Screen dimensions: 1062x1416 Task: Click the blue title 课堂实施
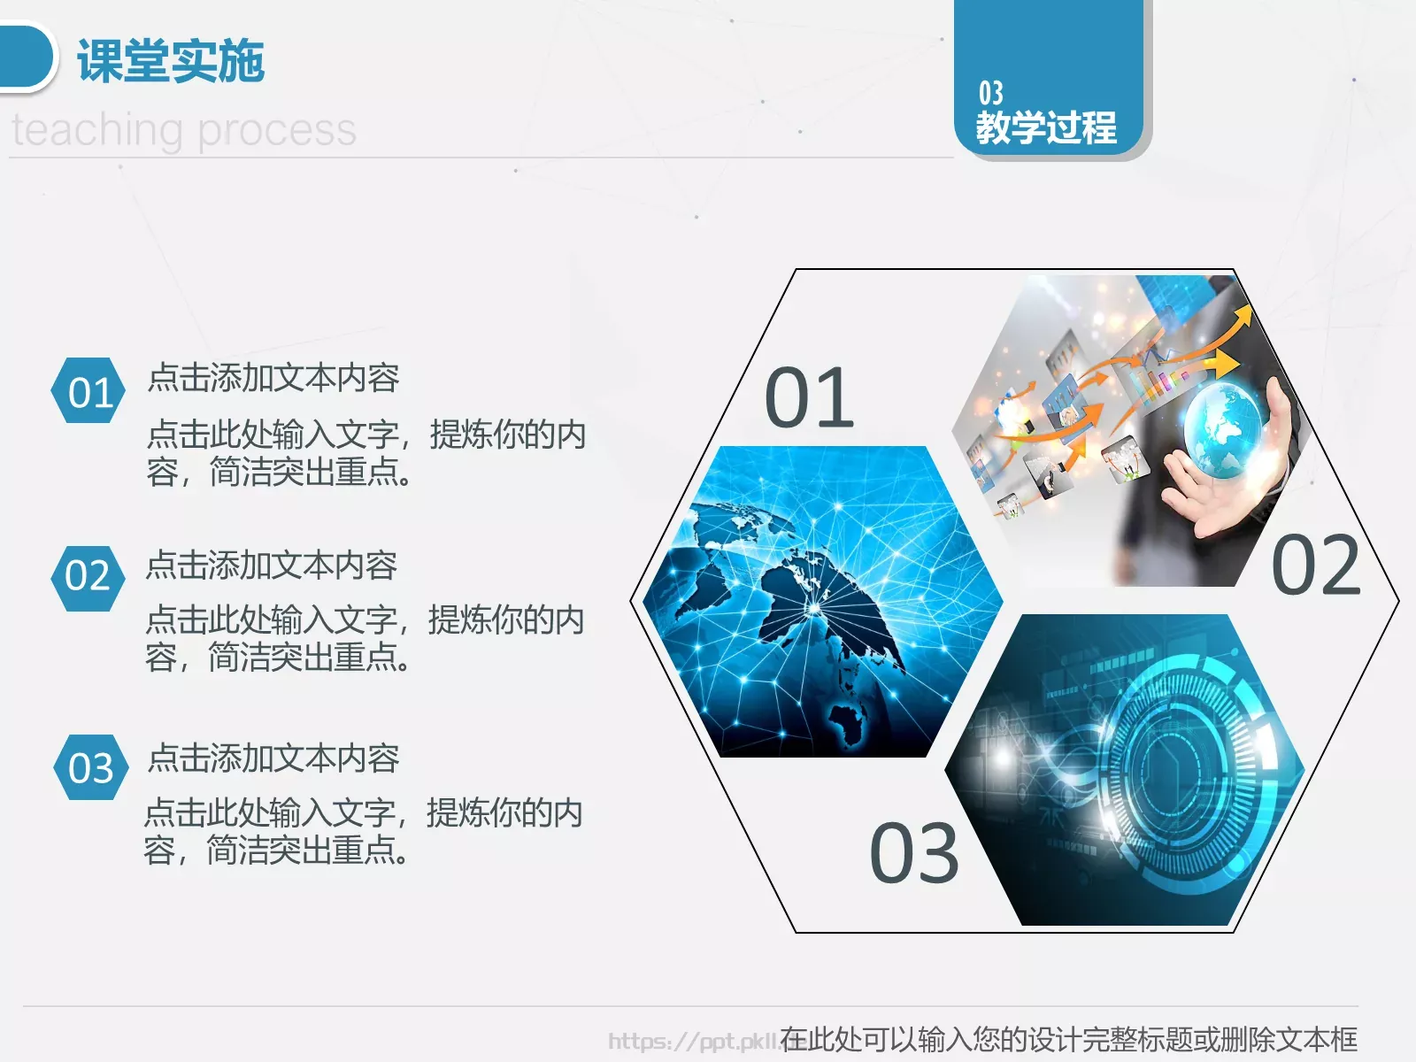point(171,61)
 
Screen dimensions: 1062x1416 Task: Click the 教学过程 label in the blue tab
point(1046,127)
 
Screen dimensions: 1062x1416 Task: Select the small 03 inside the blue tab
point(990,93)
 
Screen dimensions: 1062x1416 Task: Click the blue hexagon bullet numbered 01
point(89,391)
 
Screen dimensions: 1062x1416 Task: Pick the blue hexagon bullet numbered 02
point(88,577)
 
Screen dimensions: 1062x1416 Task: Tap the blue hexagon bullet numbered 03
point(90,767)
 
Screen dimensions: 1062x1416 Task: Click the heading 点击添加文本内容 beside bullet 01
point(273,378)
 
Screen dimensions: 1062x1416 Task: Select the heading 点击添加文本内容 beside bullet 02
point(271,566)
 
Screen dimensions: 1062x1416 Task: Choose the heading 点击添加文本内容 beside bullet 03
point(273,758)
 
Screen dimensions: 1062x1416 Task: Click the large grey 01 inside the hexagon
point(809,398)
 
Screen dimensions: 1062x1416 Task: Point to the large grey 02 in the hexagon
point(1315,566)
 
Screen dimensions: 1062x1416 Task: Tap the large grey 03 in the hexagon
point(913,853)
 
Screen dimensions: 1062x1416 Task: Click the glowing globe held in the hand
point(1225,430)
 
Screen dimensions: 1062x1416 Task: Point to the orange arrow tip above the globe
point(1244,313)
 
